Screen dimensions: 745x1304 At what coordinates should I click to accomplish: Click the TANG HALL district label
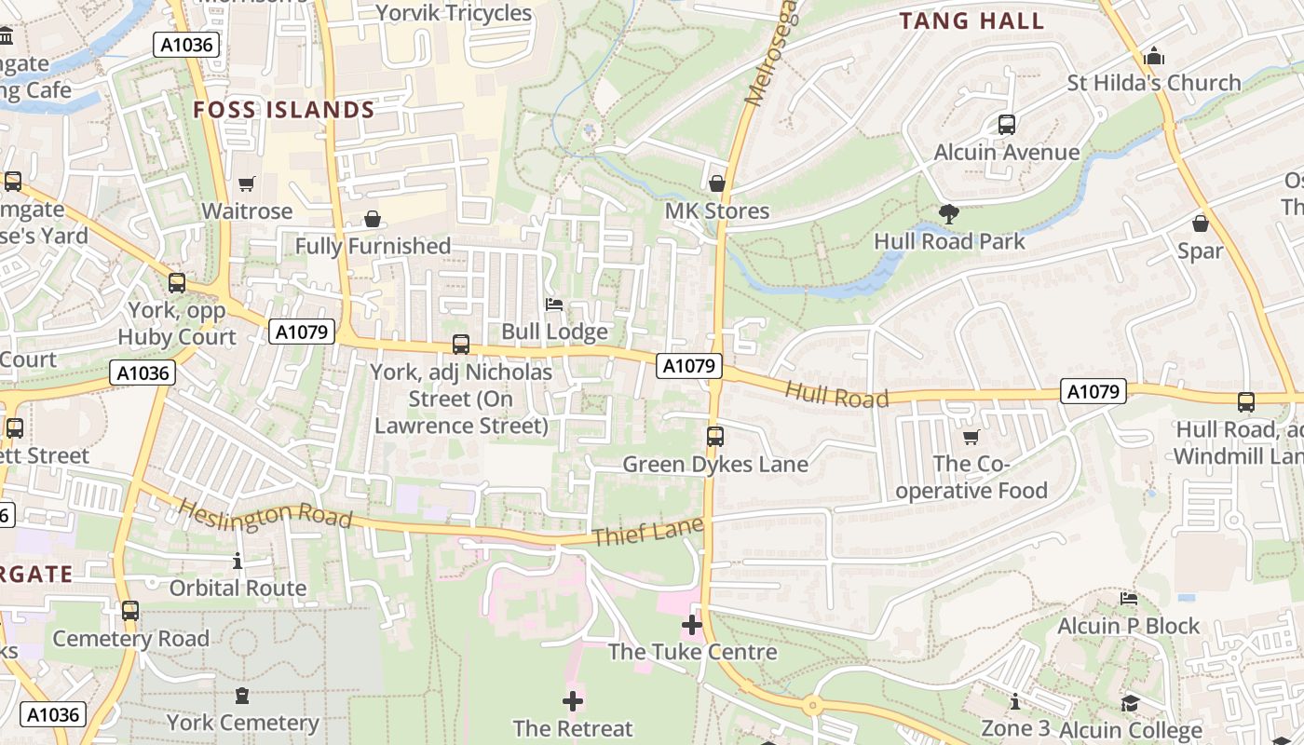(971, 21)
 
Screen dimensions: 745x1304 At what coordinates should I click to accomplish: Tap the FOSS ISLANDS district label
(284, 110)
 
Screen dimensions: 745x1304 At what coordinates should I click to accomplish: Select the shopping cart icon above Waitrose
(246, 184)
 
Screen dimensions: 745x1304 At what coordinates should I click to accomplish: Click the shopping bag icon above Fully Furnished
(373, 219)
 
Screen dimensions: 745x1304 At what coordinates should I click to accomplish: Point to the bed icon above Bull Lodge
(554, 305)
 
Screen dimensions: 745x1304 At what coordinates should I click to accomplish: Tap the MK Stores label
(717, 211)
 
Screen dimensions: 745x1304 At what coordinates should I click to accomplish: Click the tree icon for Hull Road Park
(949, 214)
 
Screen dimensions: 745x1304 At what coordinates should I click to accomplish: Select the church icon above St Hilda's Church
(1154, 56)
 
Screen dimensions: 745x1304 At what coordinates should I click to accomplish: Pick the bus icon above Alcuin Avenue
(1006, 124)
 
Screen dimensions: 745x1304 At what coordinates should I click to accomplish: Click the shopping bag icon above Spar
(1201, 223)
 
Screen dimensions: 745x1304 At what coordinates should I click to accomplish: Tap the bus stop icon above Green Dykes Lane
(715, 436)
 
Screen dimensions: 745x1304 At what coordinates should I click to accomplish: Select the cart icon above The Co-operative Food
(971, 437)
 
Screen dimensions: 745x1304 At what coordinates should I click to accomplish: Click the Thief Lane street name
(645, 534)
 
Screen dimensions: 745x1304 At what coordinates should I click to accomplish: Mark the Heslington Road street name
(265, 513)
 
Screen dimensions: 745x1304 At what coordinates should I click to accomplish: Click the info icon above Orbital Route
(238, 561)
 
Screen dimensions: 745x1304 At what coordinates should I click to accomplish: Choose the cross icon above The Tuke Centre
(691, 625)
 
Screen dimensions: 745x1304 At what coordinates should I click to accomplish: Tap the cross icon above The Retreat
(573, 700)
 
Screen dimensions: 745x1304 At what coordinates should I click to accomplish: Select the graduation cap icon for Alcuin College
(1130, 703)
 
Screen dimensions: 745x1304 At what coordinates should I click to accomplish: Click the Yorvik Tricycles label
(454, 13)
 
